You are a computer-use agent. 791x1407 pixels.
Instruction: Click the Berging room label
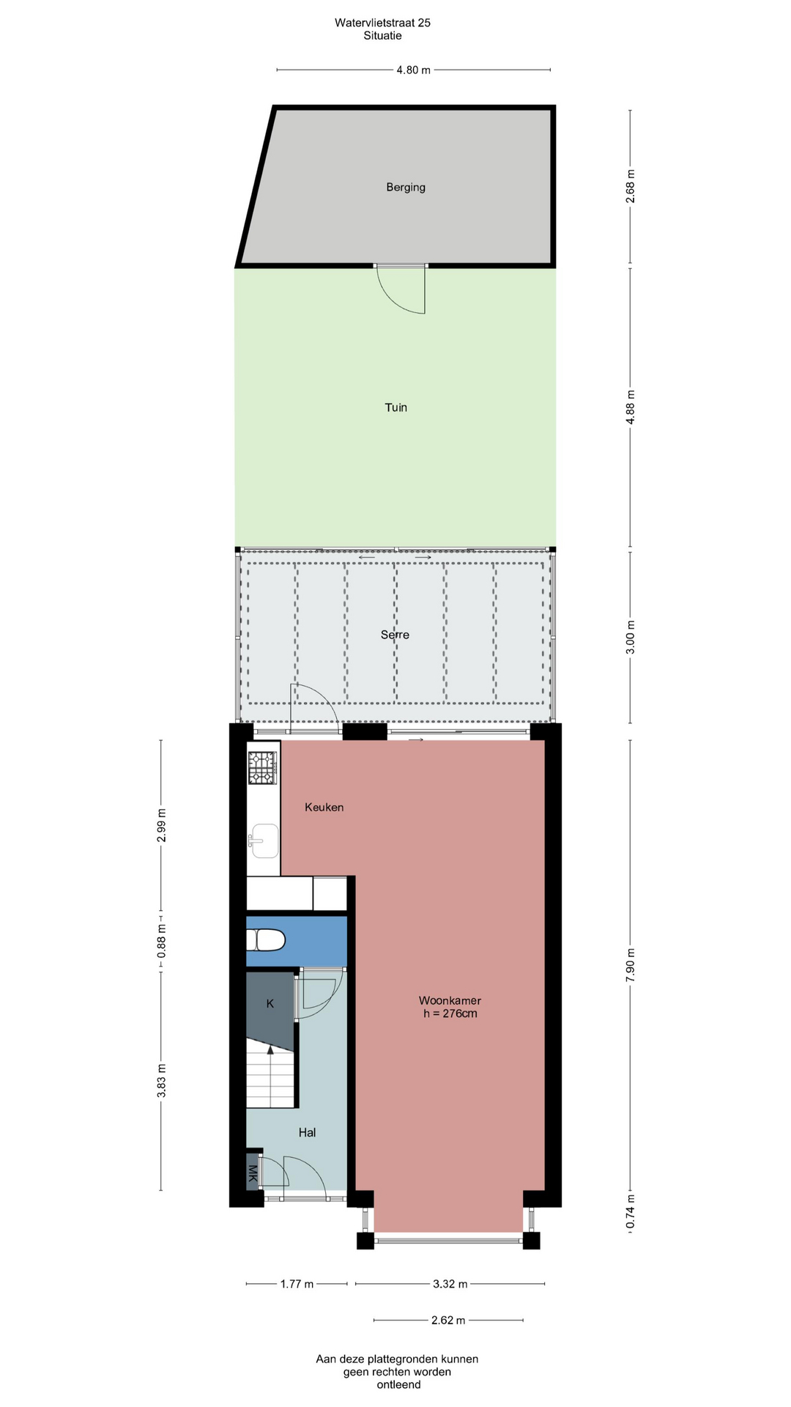[406, 188]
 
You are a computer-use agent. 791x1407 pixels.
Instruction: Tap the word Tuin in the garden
[396, 407]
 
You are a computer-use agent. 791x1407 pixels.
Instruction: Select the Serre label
[395, 635]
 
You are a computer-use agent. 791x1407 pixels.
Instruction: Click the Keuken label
[324, 808]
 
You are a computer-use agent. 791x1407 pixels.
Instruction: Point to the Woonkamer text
[450, 1000]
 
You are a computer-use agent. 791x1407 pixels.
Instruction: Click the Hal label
[307, 1133]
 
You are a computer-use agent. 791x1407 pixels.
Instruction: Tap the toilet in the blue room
[265, 940]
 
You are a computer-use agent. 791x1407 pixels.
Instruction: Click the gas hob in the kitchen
[263, 768]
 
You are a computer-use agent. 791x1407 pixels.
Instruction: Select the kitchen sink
[264, 841]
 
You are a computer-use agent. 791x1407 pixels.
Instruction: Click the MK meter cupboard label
[253, 1174]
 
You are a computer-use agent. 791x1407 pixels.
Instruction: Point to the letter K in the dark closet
[270, 1004]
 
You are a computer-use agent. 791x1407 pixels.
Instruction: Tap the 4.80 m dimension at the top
[414, 70]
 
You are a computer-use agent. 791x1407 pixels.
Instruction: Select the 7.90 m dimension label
[631, 965]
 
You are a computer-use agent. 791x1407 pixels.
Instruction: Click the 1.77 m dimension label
[297, 1284]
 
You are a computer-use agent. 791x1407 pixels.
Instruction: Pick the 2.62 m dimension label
[448, 1321]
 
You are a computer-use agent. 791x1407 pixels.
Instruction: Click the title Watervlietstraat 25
[382, 23]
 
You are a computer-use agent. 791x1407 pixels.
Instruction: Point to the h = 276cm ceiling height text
[450, 1014]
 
